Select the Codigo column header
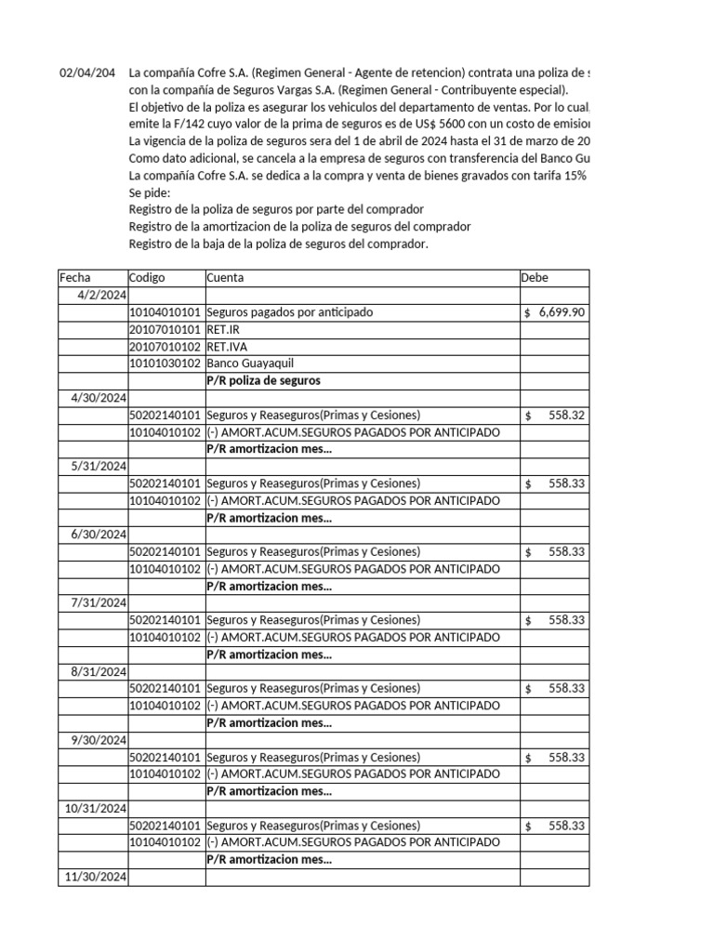coord(147,278)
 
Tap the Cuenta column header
coord(228,278)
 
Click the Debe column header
coord(535,278)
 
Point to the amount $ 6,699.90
coord(554,312)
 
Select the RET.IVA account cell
coord(227,347)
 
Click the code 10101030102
coord(165,364)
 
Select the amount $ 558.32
coord(555,415)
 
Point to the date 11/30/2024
coord(96,877)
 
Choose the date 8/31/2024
coord(99,671)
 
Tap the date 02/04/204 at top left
coord(87,73)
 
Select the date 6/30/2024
coord(99,535)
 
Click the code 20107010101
coord(165,329)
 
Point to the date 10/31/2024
coord(96,808)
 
